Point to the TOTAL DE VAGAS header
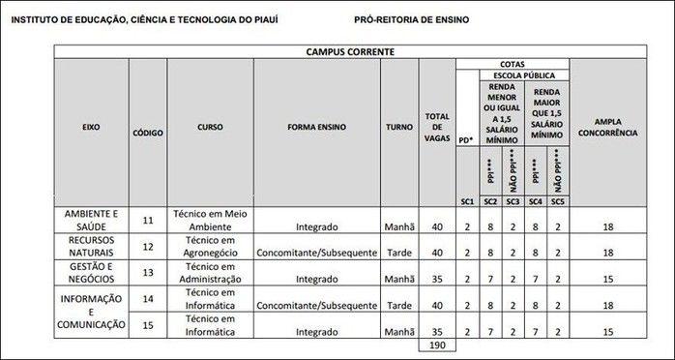(437, 127)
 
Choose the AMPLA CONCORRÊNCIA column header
(607, 127)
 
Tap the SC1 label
(467, 200)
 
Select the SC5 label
(558, 200)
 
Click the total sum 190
(437, 345)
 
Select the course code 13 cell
(147, 273)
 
